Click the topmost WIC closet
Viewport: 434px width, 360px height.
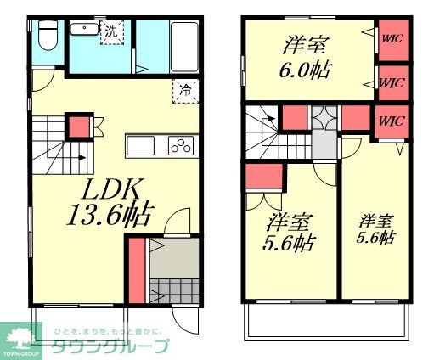pos(392,37)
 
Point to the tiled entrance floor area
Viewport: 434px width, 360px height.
pos(174,285)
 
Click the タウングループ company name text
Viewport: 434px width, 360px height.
pos(110,346)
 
